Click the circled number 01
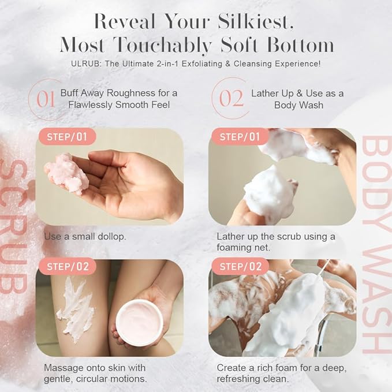pos(46,98)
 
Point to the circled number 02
pos(231,98)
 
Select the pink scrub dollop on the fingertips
pos(68,172)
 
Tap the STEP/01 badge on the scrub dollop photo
pos(66,137)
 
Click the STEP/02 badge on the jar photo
pos(66,266)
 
